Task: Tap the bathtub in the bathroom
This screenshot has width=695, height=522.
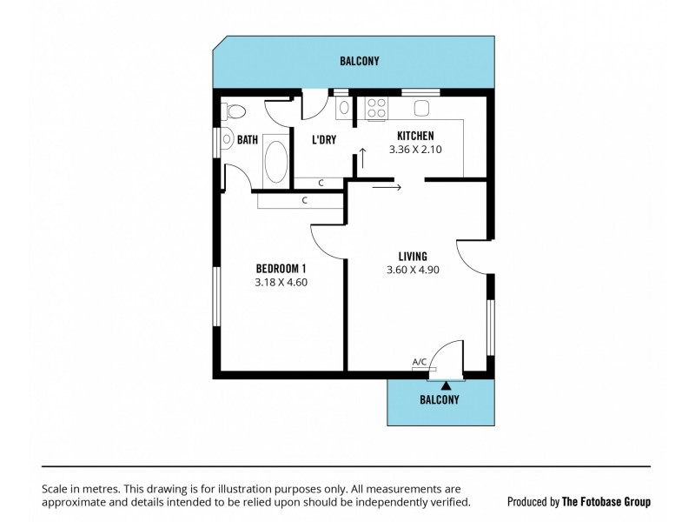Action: tap(275, 160)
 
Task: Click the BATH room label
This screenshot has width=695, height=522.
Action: tap(248, 139)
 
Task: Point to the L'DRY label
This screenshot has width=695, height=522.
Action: tap(324, 139)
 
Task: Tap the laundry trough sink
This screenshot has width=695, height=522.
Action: tap(344, 108)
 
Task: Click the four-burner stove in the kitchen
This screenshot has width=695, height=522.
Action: tap(377, 108)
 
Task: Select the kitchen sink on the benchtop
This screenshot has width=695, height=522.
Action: tap(423, 108)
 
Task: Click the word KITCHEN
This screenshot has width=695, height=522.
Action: tap(415, 136)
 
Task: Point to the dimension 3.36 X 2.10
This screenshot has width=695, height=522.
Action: tap(415, 150)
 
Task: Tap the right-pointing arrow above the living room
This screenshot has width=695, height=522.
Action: tap(387, 185)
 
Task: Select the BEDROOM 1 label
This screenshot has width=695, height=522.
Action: tap(281, 268)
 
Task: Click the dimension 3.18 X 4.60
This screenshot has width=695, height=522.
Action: tap(281, 282)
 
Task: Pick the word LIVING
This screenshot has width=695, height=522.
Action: tap(412, 256)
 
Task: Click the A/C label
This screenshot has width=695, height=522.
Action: tap(419, 362)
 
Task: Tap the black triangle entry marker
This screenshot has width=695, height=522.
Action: tap(447, 384)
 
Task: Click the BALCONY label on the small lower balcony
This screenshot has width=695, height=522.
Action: tap(439, 400)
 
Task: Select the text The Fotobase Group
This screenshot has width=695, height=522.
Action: tap(606, 501)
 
